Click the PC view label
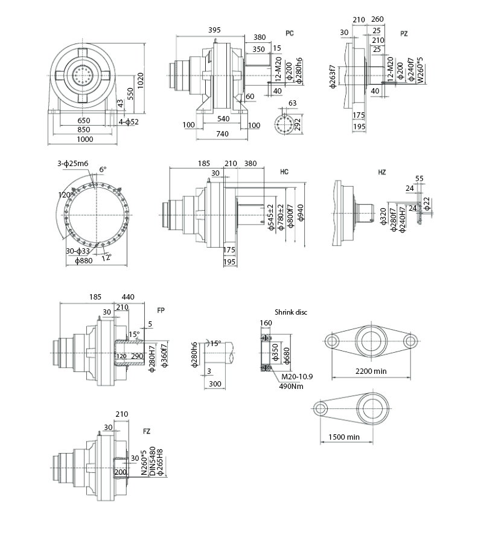click(x=290, y=33)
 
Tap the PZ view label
click(x=404, y=34)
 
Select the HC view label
click(x=284, y=172)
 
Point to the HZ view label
click(x=382, y=172)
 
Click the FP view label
click(x=161, y=310)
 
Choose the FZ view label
click(x=147, y=431)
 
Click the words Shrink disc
click(x=291, y=312)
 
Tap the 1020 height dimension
click(x=140, y=80)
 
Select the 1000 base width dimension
click(x=85, y=140)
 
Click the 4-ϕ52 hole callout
click(x=129, y=122)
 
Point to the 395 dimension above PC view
click(x=214, y=30)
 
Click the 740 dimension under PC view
click(x=222, y=133)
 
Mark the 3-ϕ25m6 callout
click(x=72, y=163)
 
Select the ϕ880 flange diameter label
click(x=84, y=260)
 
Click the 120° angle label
click(x=65, y=194)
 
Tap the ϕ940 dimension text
click(x=301, y=213)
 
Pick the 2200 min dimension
click(x=371, y=371)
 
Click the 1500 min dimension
click(x=344, y=437)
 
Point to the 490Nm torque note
click(x=291, y=386)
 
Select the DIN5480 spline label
click(x=152, y=461)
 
